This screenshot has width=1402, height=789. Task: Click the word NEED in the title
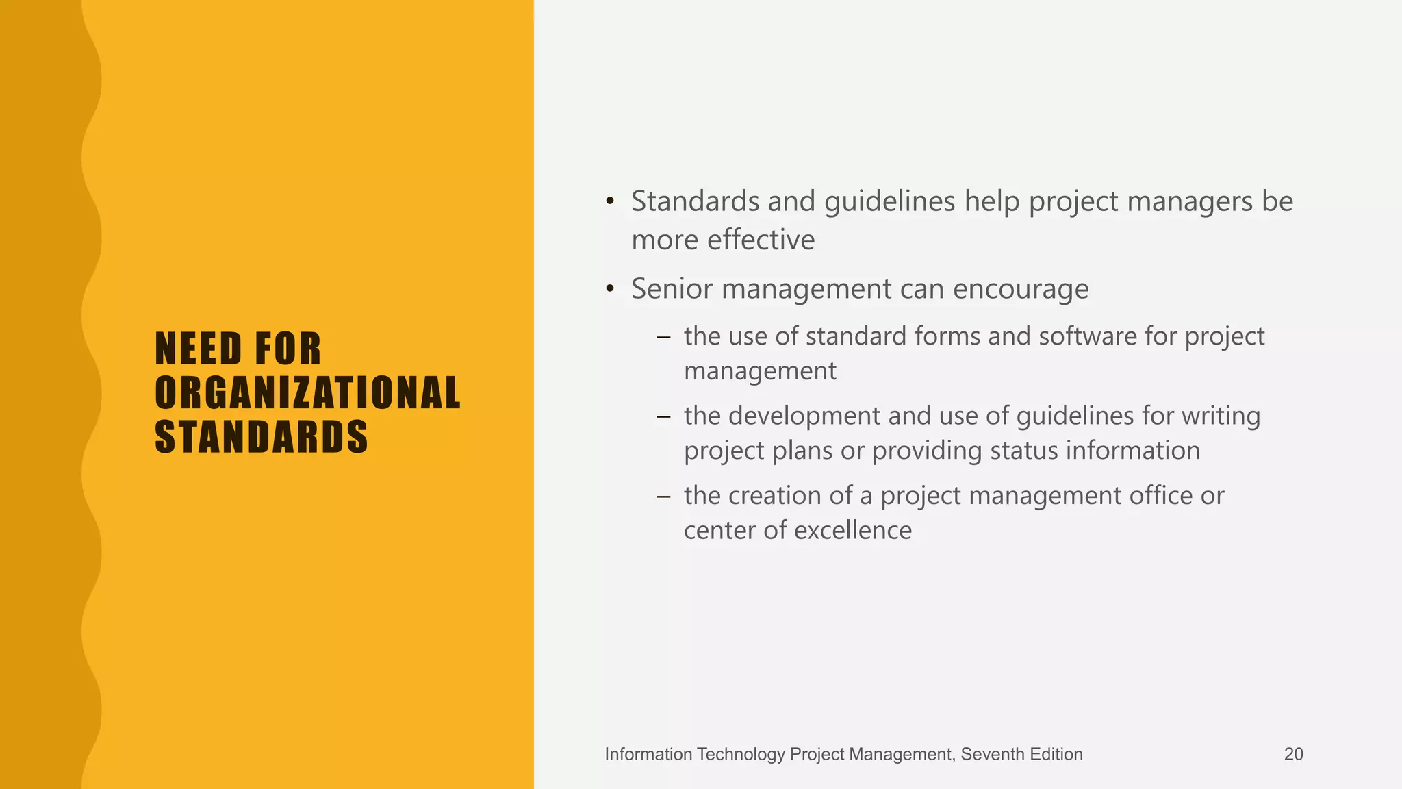tap(199, 349)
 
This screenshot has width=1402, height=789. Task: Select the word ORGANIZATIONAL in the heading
tap(308, 393)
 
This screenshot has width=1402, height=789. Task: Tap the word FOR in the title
tap(288, 349)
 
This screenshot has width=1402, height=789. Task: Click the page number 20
tap(1293, 754)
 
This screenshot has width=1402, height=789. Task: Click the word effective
tap(761, 240)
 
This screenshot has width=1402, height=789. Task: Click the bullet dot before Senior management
tap(610, 289)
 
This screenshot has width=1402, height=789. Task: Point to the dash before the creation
tap(663, 496)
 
